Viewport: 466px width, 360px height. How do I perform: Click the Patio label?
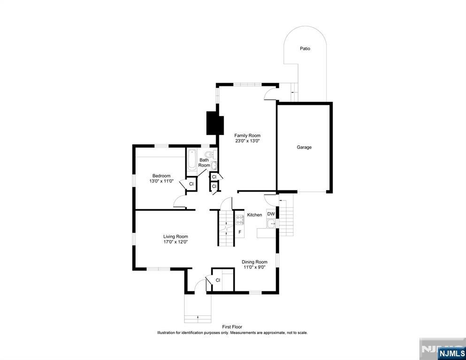click(x=305, y=48)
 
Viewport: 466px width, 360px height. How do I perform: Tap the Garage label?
click(x=304, y=147)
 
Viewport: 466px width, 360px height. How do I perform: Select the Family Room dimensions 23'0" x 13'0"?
click(x=247, y=141)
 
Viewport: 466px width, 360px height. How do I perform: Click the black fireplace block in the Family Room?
click(x=214, y=123)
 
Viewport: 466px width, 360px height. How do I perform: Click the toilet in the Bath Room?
click(x=209, y=154)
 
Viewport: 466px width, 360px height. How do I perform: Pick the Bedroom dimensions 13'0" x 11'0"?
click(x=161, y=181)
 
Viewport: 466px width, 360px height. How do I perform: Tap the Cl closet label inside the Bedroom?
click(x=191, y=184)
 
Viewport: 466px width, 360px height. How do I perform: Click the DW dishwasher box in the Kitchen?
click(x=271, y=214)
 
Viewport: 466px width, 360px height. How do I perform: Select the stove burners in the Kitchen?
click(x=240, y=218)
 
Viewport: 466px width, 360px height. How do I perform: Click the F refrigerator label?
click(x=240, y=232)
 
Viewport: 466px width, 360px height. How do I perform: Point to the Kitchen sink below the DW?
click(x=271, y=224)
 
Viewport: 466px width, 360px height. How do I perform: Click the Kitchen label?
click(x=254, y=215)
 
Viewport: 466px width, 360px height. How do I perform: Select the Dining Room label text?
click(x=254, y=262)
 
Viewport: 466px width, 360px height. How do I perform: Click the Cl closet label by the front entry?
click(x=218, y=280)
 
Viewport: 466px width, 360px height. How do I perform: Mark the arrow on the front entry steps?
click(x=198, y=317)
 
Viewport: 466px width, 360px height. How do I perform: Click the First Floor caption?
click(x=232, y=327)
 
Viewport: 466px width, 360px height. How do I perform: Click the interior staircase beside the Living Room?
click(x=226, y=228)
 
